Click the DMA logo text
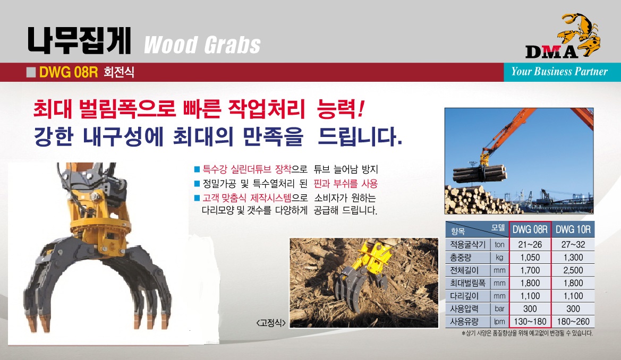(552, 52)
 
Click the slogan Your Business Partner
(559, 71)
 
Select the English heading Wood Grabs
(202, 45)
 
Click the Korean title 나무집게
(79, 40)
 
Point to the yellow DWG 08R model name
(69, 72)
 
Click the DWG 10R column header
(573, 229)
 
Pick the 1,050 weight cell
(530, 258)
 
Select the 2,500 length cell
(573, 270)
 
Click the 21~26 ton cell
(530, 244)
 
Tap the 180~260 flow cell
(573, 322)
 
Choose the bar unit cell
(499, 308)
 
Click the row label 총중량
(461, 258)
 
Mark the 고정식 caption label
(271, 323)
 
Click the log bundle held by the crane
(479, 173)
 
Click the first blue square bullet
(197, 169)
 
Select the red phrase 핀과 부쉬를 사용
(345, 183)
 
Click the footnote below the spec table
(527, 333)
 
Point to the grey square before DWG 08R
(31, 72)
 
